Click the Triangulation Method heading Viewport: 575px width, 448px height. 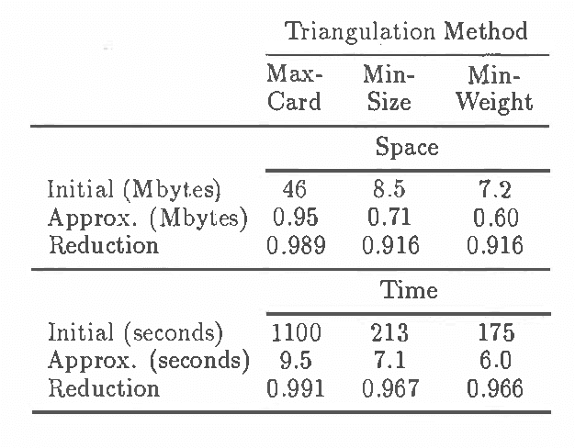[407, 31]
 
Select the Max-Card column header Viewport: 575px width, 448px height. [294, 87]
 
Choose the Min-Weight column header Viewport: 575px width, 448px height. [494, 87]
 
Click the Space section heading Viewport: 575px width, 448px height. [407, 147]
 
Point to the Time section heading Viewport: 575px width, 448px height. [409, 291]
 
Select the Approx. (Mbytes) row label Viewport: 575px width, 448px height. [148, 218]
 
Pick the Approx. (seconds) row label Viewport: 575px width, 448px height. [149, 360]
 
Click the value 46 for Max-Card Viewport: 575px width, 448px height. [294, 190]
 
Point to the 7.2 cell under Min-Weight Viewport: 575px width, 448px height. [495, 191]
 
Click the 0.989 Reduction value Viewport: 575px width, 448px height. [296, 245]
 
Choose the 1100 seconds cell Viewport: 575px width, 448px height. [295, 332]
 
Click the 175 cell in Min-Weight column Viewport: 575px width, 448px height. [496, 332]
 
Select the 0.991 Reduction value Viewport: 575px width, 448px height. [296, 388]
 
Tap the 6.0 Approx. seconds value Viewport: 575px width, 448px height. [496, 360]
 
